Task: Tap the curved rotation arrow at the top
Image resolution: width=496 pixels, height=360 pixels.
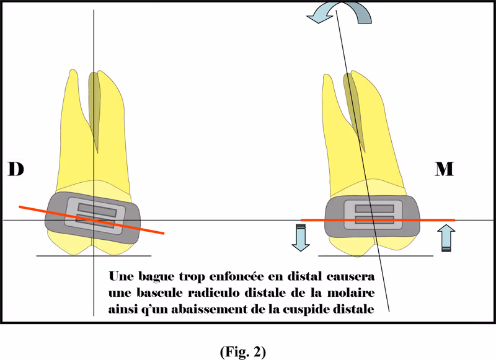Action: pyautogui.click(x=341, y=13)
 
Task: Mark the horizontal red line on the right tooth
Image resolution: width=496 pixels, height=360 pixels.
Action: pyautogui.click(x=428, y=220)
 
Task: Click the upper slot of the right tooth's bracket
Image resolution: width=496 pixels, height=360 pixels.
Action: pyautogui.click(x=374, y=208)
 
